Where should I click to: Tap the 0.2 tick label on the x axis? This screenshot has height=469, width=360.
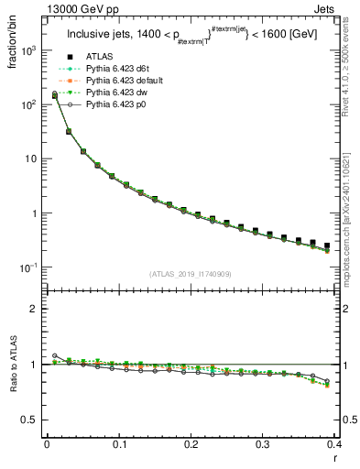tap(191, 445)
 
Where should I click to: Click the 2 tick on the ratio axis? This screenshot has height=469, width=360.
tap(35, 309)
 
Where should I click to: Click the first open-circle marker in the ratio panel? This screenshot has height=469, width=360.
tap(54, 355)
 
